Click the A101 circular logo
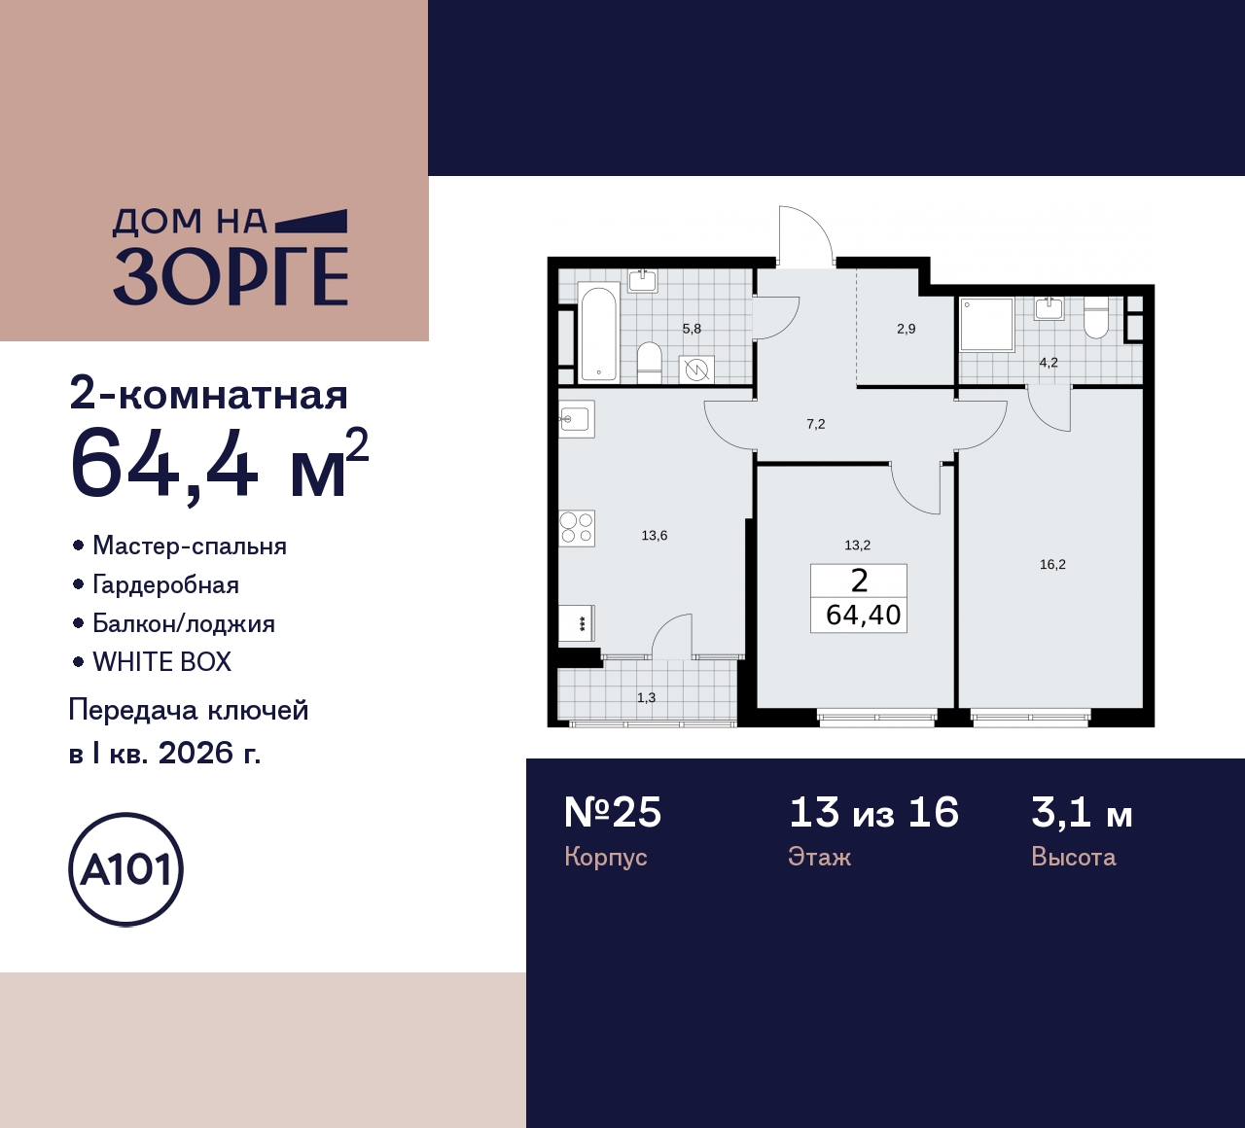coord(125,869)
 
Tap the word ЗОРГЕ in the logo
coord(231,276)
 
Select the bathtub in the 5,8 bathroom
coord(598,332)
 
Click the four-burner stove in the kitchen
coord(576,528)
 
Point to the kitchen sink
coord(575,419)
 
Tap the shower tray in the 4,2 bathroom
coord(986,324)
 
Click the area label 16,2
coord(1052,564)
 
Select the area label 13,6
coord(655,535)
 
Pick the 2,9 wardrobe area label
coord(906,329)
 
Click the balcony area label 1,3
coord(646,697)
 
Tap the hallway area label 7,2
coord(815,424)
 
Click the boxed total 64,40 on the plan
coord(863,615)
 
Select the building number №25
coord(613,813)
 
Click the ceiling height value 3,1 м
coord(1082,813)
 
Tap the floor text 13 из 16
coord(873,813)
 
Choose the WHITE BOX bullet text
coord(161,662)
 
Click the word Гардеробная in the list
coord(165,584)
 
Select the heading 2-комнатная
coord(209,395)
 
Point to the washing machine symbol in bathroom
coord(696,369)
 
